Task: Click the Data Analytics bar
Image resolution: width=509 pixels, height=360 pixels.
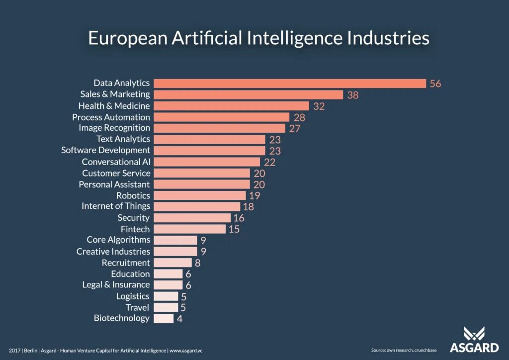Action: click(290, 84)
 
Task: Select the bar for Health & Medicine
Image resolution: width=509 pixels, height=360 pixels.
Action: click(232, 106)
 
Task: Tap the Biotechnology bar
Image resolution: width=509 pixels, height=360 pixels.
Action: click(164, 318)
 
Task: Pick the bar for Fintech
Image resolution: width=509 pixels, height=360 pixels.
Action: click(189, 229)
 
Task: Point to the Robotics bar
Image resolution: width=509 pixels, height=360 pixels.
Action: click(200, 195)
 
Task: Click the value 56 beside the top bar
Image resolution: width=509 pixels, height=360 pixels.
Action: click(435, 84)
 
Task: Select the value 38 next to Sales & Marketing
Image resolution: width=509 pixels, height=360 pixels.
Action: click(353, 95)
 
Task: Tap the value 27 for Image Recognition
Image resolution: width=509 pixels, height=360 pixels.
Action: click(295, 129)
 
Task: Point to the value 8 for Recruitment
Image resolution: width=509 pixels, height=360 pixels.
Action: click(198, 263)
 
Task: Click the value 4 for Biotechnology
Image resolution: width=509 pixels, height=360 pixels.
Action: click(179, 319)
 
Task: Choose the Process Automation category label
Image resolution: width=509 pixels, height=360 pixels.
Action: click(111, 117)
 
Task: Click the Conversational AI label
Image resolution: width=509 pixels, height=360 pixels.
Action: click(116, 162)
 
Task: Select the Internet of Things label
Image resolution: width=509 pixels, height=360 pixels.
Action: click(116, 206)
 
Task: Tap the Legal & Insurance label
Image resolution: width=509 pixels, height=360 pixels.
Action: click(116, 285)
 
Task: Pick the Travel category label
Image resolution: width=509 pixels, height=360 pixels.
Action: click(137, 307)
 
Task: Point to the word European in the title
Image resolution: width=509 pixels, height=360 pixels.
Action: click(128, 39)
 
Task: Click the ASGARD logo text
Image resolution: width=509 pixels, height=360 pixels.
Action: click(474, 348)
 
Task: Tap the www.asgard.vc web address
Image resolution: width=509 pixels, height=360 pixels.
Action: click(186, 351)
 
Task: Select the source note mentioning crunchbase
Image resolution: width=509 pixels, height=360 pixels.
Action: click(404, 350)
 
